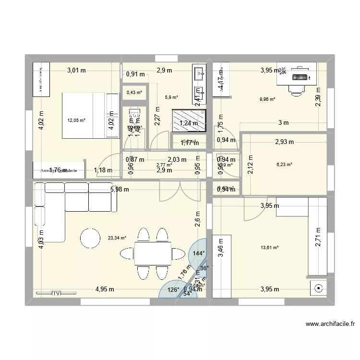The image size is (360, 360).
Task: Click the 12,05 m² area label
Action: coord(76,120)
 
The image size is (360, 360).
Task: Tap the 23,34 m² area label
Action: coord(117,237)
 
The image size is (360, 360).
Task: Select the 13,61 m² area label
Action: coord(270,248)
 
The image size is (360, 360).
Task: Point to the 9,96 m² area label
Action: coord(267,99)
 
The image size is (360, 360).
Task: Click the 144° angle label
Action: coord(199,253)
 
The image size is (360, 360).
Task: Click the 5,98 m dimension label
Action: coord(120,189)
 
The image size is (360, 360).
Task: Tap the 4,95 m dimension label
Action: coord(105,289)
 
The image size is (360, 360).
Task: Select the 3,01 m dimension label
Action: coord(76,71)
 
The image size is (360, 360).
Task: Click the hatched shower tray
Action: coord(190,120)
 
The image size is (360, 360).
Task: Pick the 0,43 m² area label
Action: coord(134,93)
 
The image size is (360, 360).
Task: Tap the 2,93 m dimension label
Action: coord(285,142)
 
